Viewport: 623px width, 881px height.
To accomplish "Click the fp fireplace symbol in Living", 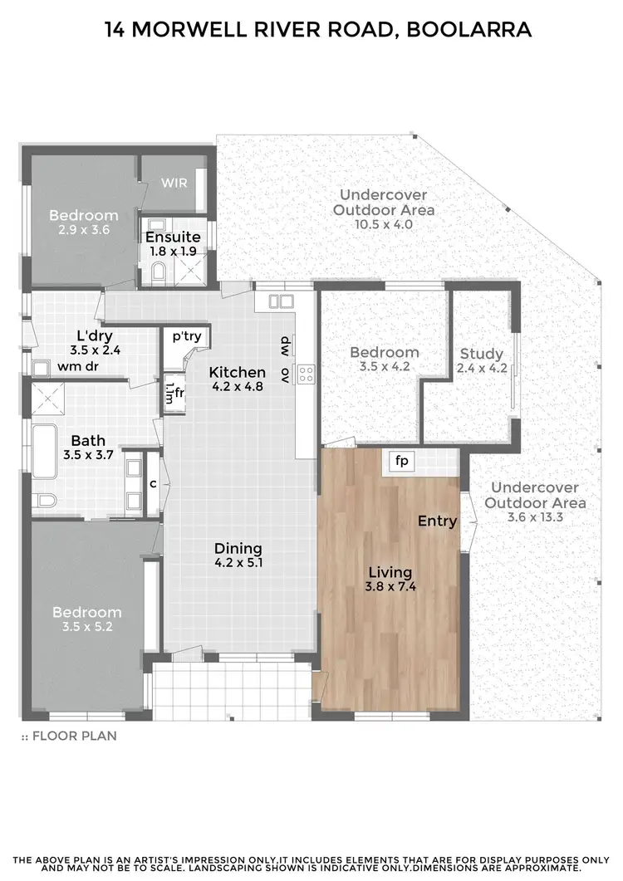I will (402, 461).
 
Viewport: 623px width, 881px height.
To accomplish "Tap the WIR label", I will (174, 182).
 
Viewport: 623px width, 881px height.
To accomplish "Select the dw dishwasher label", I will (285, 342).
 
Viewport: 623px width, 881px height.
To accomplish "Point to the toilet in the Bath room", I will (45, 499).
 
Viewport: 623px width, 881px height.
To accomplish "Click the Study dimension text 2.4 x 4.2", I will (482, 368).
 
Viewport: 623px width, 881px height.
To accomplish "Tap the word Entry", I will (437, 521).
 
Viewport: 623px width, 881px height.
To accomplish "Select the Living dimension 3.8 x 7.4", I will (390, 587).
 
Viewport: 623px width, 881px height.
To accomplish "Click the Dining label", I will (238, 548).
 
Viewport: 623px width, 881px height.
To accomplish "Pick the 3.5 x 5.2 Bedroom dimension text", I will (87, 627).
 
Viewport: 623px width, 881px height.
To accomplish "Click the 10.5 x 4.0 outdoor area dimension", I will (384, 224).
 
